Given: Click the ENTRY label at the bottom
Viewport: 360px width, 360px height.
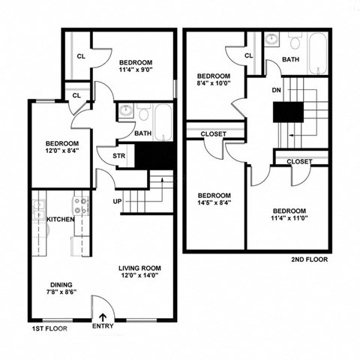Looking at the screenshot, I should (103, 326).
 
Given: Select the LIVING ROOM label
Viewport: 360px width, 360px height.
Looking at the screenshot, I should (139, 268).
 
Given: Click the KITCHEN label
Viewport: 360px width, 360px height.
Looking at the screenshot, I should (59, 219).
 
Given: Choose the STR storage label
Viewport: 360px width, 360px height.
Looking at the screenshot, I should (119, 157).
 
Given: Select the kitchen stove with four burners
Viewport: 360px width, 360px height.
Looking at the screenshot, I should (80, 205).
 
